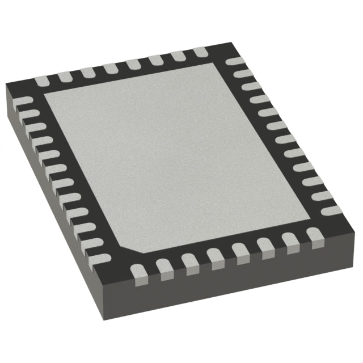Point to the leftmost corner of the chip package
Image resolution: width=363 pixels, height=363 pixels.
6,85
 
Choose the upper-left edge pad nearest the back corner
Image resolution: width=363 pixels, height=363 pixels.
201,53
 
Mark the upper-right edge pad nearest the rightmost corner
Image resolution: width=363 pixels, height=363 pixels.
332,210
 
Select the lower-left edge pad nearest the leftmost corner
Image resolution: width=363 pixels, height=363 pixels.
23,102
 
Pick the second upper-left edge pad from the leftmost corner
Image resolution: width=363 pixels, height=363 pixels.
64,76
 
